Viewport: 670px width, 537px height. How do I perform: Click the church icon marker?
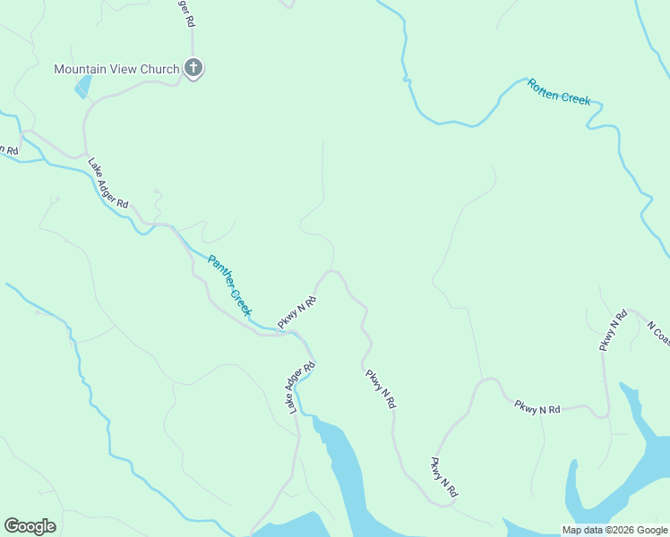coord(193,68)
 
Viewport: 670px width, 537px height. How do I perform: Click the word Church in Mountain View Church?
coord(158,69)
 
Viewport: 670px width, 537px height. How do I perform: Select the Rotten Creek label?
coord(558,92)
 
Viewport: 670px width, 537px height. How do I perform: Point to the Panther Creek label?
coord(228,285)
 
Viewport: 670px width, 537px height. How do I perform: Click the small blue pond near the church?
coord(83,88)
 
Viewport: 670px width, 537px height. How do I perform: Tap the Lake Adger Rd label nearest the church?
coord(107,183)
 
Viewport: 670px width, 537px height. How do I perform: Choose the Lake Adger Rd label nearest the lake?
coord(301,388)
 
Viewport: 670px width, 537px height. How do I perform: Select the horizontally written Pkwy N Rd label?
coord(537,408)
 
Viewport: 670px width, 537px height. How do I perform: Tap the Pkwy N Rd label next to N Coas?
coord(614,330)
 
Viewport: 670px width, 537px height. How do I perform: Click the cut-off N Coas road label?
coord(658,333)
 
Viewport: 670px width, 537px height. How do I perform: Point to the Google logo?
coord(30,526)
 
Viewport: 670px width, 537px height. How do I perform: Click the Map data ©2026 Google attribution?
coord(614,530)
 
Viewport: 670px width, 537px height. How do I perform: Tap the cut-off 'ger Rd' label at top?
coord(185,13)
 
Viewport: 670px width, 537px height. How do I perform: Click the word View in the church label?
coord(123,69)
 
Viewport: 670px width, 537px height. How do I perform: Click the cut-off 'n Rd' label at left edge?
coord(9,150)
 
